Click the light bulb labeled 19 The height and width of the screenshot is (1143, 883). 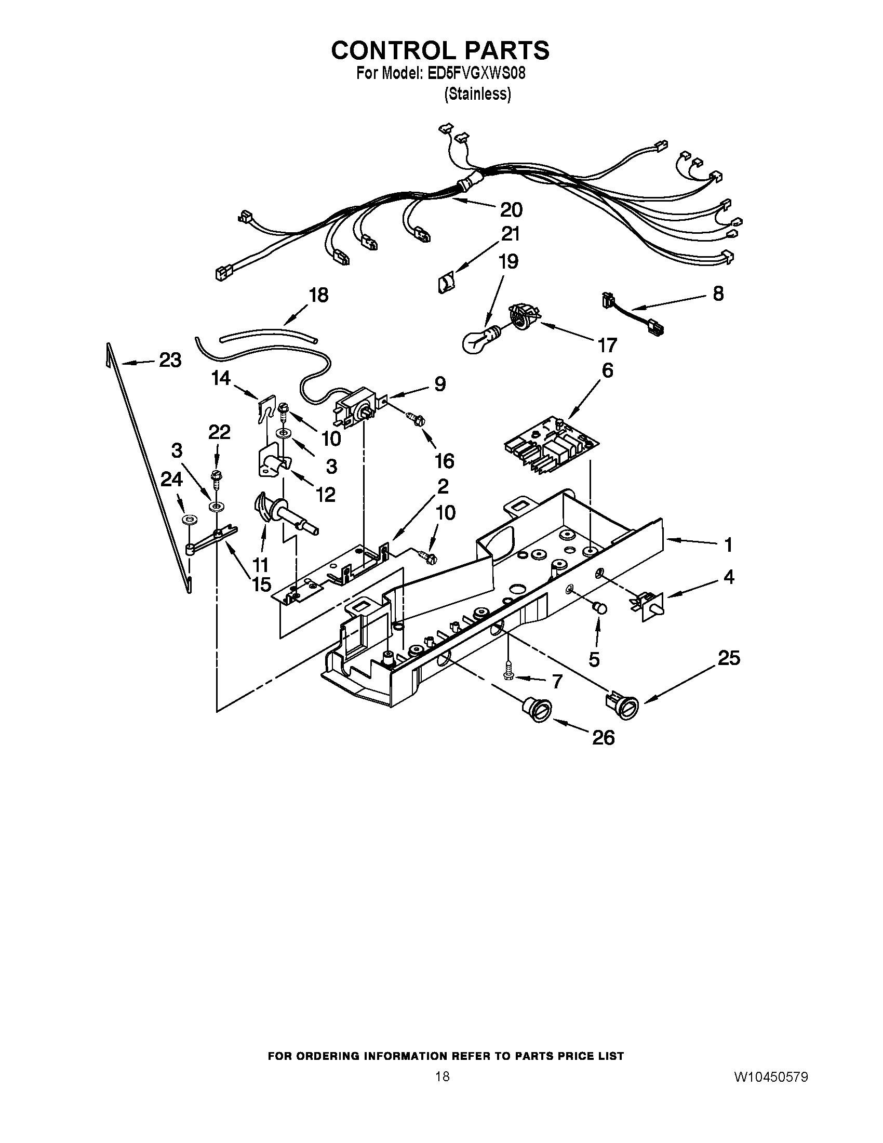pos(477,341)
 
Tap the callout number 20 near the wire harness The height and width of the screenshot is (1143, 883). pos(511,210)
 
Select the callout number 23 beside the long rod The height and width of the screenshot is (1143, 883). pos(170,360)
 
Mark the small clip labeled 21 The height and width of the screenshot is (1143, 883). pos(446,284)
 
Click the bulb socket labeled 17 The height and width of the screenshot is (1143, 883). pos(523,318)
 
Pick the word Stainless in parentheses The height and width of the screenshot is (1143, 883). pos(477,94)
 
